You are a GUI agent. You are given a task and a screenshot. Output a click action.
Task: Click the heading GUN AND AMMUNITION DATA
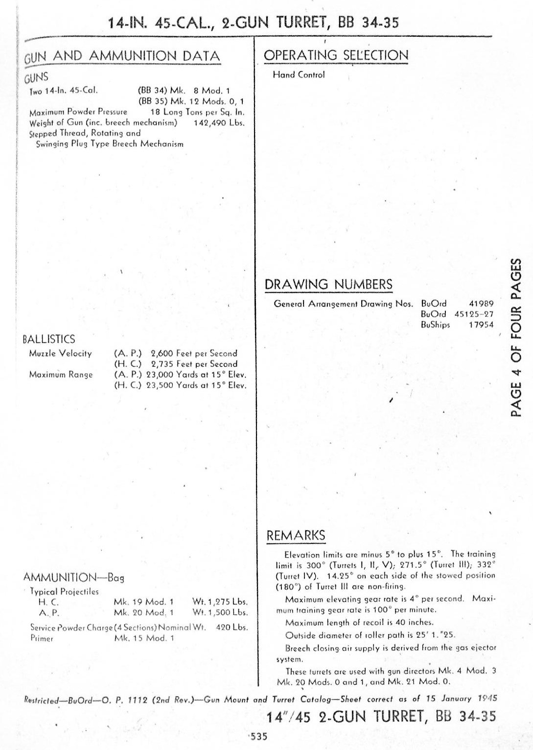coord(122,56)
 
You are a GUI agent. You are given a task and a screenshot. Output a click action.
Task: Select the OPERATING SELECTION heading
coord(336,55)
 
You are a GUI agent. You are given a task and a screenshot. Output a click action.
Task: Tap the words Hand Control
coord(299,75)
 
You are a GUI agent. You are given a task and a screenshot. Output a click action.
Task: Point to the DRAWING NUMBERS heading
coord(328,285)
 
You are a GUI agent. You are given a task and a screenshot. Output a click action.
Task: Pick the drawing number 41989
coord(481,304)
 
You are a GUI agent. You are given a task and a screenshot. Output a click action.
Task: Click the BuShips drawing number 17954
coord(481,325)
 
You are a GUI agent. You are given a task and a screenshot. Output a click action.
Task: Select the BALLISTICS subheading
coord(49,339)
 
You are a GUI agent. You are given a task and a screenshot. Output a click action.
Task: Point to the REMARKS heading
coord(296,535)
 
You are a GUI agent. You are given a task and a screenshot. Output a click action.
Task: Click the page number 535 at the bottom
coord(259,736)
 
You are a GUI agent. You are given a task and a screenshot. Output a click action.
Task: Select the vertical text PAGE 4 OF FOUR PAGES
coord(516,338)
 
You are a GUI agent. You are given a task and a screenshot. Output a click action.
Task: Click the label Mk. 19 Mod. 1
coord(143,602)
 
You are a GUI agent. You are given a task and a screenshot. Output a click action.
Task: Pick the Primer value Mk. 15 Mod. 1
coord(143,638)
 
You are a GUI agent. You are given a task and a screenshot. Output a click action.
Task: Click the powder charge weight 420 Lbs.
coord(232,627)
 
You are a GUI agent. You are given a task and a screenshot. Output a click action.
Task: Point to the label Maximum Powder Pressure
coord(78,112)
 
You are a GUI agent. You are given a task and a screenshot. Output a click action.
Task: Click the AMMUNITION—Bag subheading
coord(73,578)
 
